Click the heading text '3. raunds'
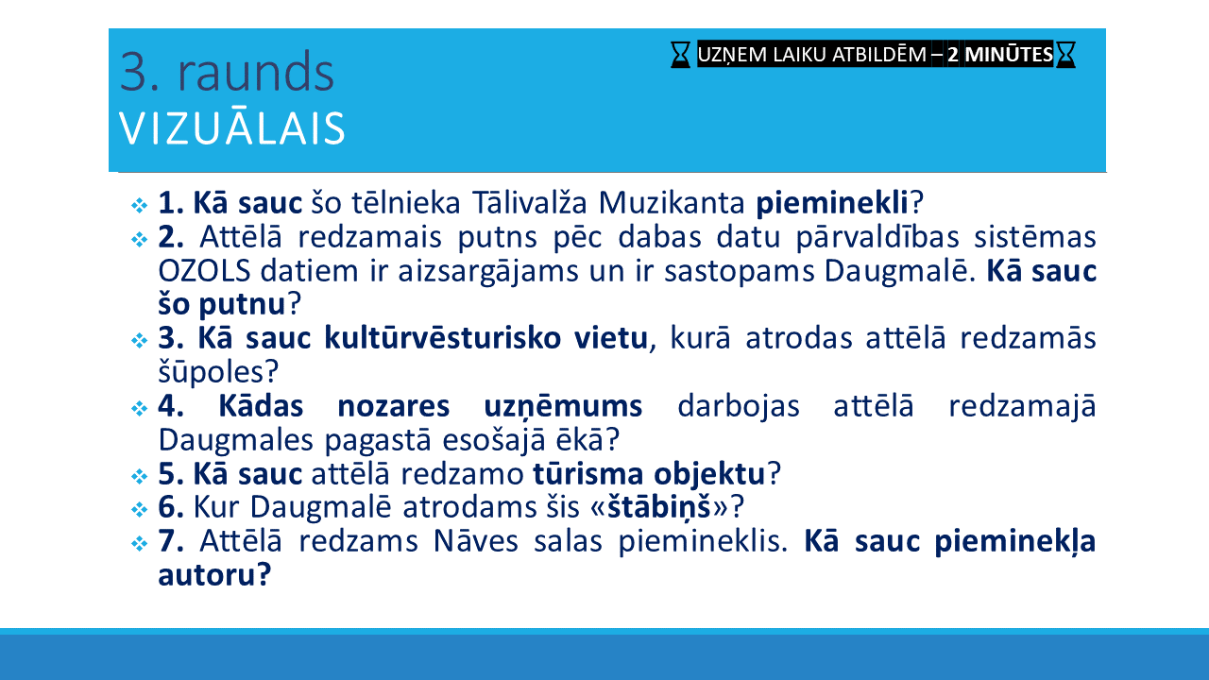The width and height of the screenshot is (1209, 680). (227, 73)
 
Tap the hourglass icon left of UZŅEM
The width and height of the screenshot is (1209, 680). (681, 55)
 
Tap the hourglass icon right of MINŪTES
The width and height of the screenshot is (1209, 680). (1065, 55)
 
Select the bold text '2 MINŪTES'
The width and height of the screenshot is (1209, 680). (1000, 55)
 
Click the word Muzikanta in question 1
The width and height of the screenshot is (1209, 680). (672, 203)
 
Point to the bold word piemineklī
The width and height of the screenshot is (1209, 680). (832, 203)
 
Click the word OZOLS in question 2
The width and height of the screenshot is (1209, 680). (204, 271)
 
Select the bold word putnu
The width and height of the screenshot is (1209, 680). (242, 305)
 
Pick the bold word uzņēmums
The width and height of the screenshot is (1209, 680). (563, 407)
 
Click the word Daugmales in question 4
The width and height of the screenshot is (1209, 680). (235, 441)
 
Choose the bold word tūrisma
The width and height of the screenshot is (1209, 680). (587, 474)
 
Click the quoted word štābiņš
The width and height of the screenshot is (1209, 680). (658, 508)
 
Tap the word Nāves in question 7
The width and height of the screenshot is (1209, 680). (475, 541)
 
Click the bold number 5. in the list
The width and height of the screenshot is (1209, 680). (171, 475)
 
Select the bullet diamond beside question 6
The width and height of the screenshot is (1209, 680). (139, 509)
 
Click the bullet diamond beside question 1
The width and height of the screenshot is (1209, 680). (139, 205)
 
